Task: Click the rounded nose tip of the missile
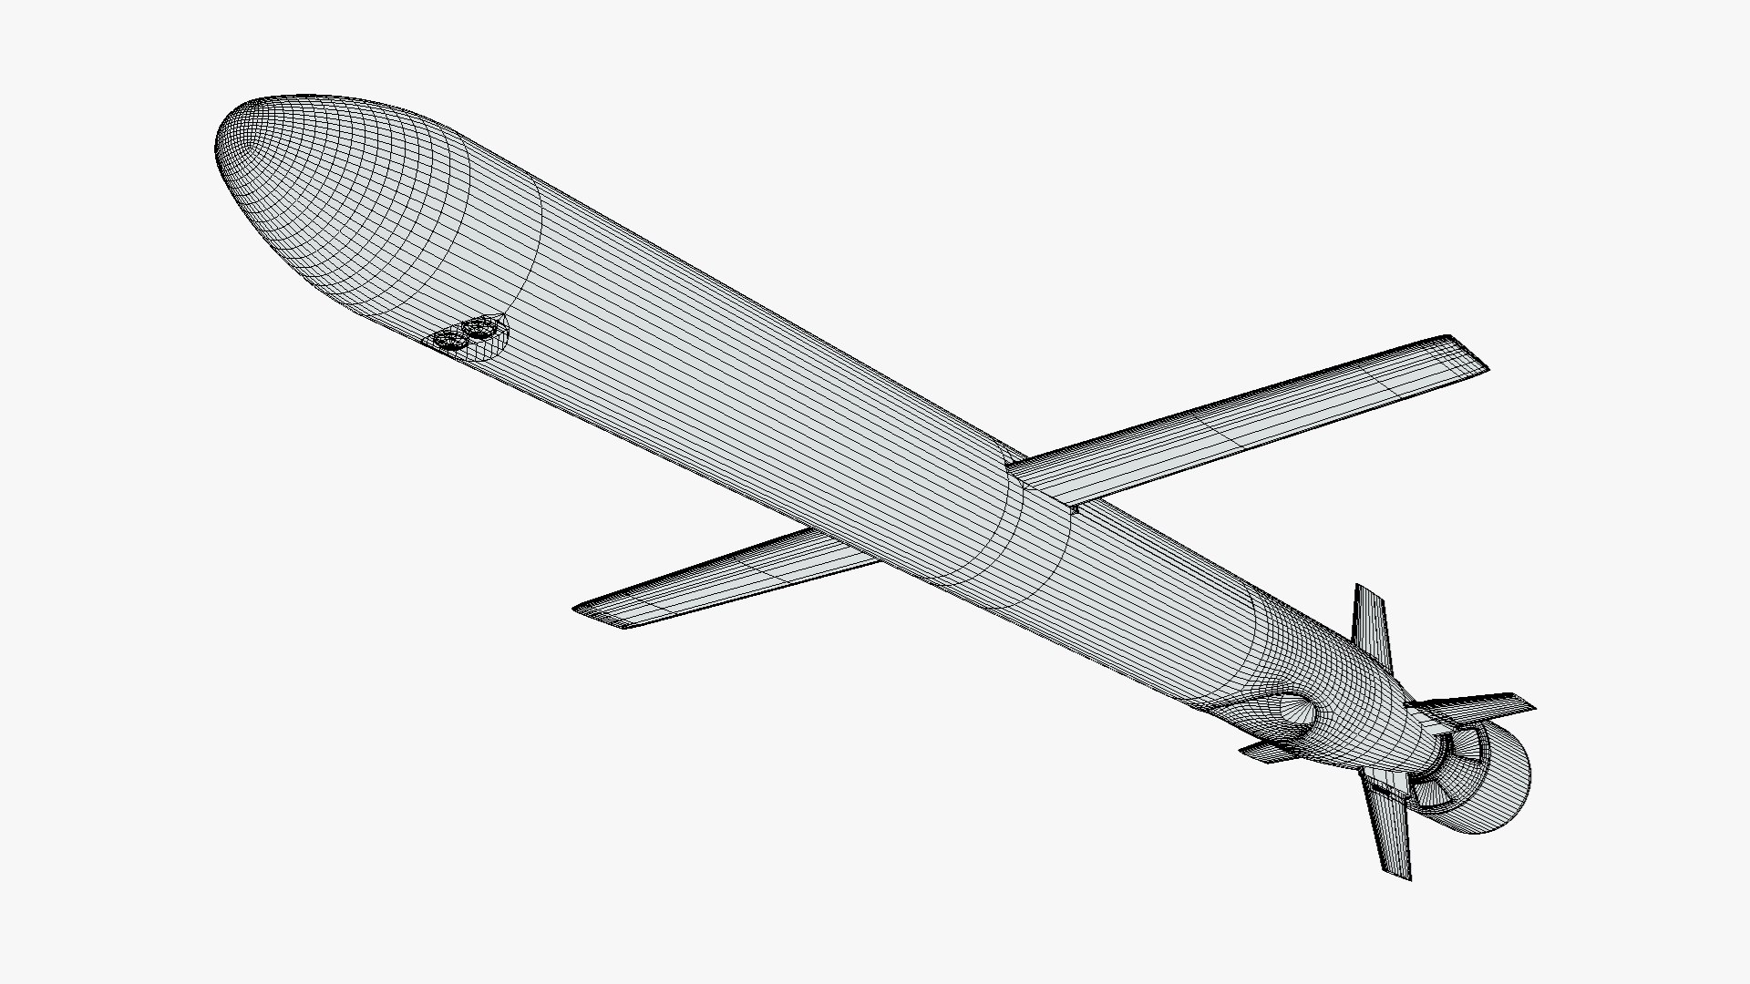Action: click(x=228, y=146)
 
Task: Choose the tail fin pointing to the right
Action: click(x=1477, y=706)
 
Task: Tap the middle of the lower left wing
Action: click(x=720, y=579)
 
